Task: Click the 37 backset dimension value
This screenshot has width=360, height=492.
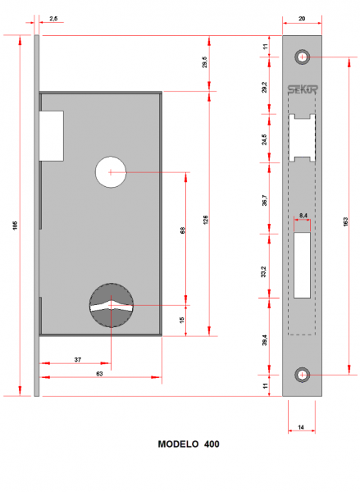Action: pos(76,358)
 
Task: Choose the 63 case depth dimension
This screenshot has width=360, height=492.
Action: pos(99,374)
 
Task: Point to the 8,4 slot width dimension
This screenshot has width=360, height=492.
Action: pos(303,215)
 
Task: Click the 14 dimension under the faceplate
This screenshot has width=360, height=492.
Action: pos(303,427)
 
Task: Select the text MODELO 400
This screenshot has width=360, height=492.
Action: pos(188,444)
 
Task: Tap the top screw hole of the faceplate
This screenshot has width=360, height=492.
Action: pos(303,57)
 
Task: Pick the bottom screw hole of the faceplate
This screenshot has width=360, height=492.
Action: pos(303,374)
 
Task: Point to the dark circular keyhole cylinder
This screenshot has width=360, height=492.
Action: pos(110,304)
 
